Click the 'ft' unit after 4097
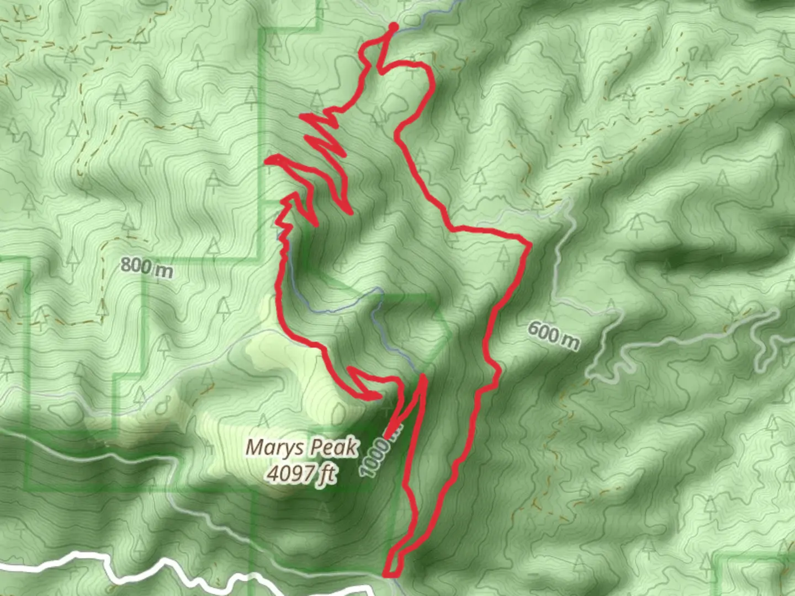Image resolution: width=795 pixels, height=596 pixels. pyautogui.click(x=327, y=475)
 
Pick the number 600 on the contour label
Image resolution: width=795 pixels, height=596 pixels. pyautogui.click(x=543, y=331)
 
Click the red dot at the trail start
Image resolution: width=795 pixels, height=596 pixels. pyautogui.click(x=393, y=26)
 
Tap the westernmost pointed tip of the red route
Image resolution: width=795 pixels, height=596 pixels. pyautogui.click(x=268, y=161)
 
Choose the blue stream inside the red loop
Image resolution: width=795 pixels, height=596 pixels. pyautogui.click(x=386, y=337)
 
